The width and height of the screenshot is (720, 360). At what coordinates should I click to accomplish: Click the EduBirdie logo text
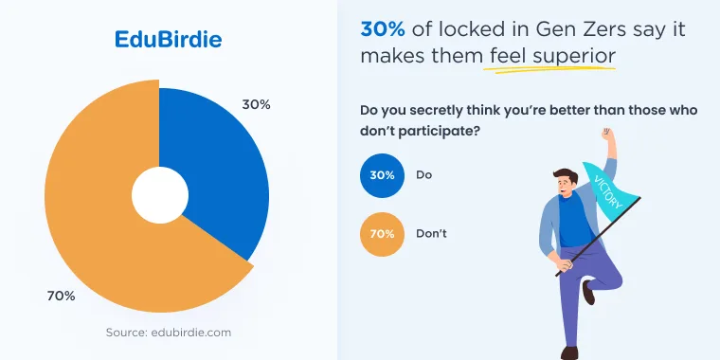point(168,40)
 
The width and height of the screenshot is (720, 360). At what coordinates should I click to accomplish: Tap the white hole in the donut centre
point(160,195)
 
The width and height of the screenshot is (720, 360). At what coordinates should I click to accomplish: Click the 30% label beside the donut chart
point(256,105)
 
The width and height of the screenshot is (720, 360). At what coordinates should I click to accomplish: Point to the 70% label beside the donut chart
point(61,297)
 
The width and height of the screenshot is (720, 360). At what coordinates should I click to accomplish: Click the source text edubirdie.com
point(169,333)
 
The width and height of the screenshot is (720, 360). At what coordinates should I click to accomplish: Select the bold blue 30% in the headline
point(383,29)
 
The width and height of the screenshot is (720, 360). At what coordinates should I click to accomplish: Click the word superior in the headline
point(574,57)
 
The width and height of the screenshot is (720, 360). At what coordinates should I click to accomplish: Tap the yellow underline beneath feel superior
point(549,70)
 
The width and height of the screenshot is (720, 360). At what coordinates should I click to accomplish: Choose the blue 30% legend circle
point(382,175)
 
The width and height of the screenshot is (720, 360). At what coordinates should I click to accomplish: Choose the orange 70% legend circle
point(382,234)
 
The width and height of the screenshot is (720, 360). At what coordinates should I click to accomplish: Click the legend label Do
point(423,175)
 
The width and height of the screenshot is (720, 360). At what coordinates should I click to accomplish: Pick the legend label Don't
point(431,234)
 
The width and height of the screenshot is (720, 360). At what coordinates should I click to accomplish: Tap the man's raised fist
point(607,135)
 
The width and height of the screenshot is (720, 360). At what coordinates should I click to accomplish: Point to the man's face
point(566,185)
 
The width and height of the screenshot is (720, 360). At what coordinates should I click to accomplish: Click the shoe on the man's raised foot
point(588,292)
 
